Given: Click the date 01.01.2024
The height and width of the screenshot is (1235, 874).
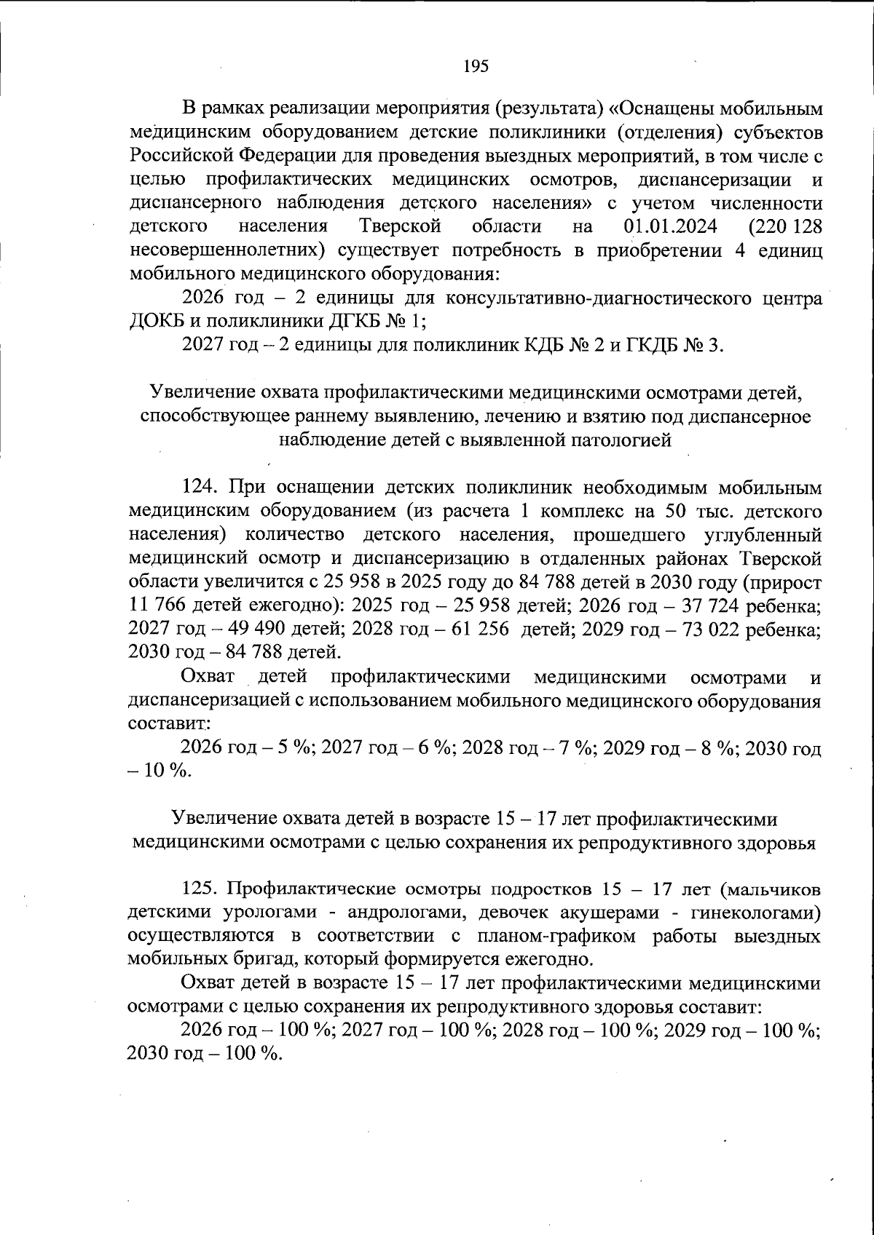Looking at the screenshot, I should pyautogui.click(x=671, y=227).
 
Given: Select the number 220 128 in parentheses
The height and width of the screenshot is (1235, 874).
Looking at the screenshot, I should pyautogui.click(x=785, y=227).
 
